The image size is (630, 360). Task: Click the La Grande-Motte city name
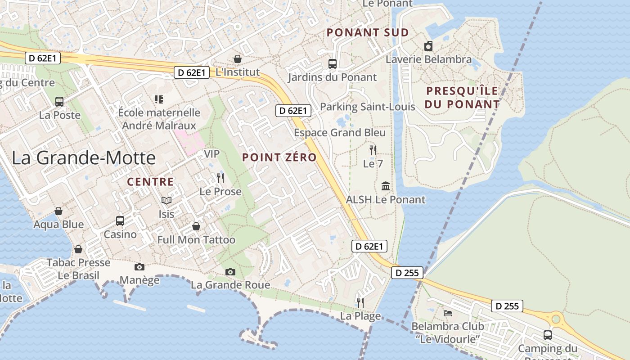coord(84,158)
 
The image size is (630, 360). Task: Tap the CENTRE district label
coord(150,182)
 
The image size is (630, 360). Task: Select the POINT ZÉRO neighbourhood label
coord(279,157)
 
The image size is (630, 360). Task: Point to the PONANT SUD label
coord(368,32)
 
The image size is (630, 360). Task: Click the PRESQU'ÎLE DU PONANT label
coord(463,97)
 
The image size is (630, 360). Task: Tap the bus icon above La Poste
coord(59,102)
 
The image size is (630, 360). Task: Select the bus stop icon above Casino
coord(120,221)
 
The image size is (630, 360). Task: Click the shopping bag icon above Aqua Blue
coord(58,211)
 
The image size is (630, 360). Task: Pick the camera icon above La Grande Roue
coord(230,272)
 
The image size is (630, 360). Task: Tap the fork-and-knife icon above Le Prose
coord(220,178)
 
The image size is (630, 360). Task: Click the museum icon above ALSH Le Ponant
coord(386,186)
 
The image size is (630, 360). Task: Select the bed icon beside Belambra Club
coord(448,313)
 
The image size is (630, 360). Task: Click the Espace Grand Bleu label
coord(340,133)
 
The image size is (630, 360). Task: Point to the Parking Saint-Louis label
coord(367,107)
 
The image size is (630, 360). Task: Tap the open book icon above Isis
coord(166,201)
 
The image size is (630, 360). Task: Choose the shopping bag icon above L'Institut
coord(237,59)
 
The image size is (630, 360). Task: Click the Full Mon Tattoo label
coord(196,240)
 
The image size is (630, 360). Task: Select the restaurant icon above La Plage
coord(360,302)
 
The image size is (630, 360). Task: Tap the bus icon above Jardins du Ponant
coord(333,64)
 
